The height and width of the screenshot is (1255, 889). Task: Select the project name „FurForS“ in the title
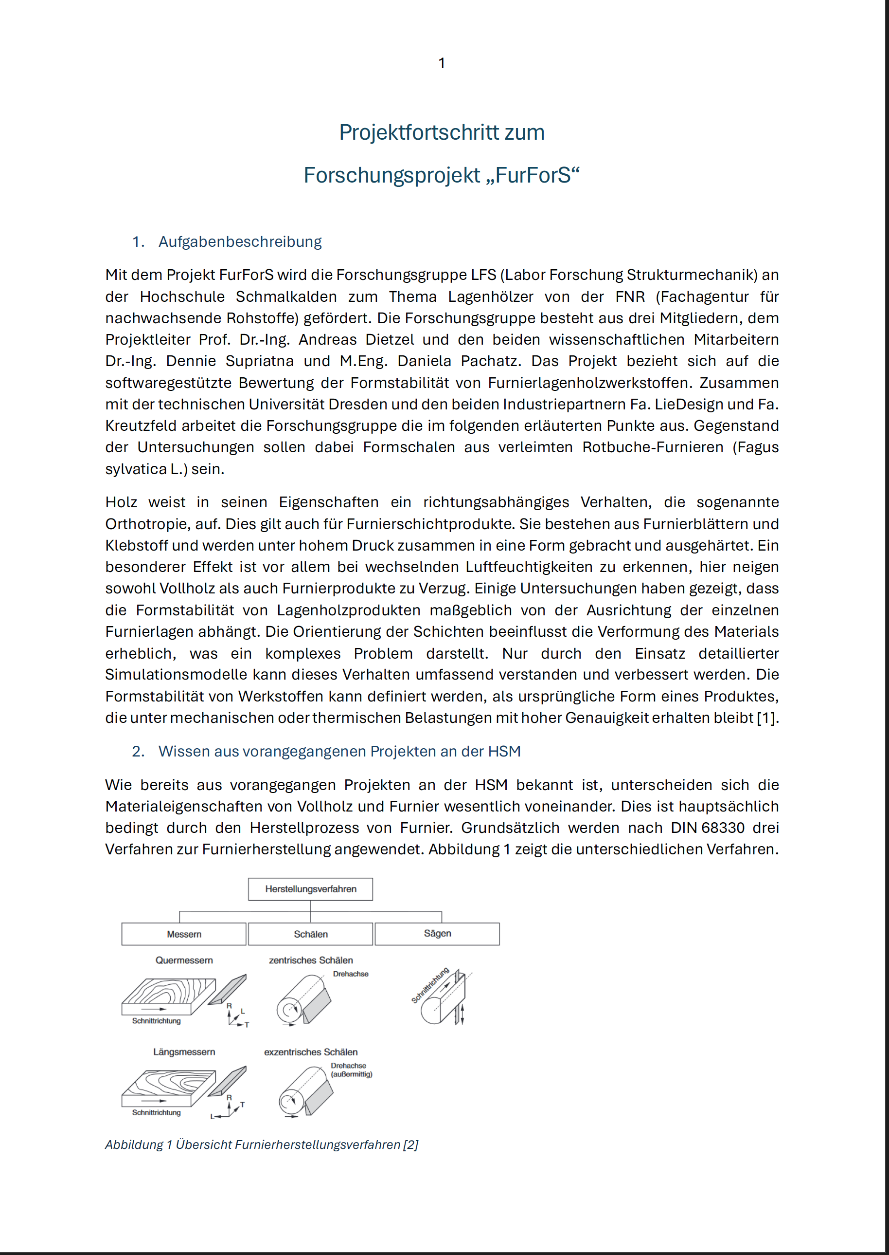point(533,176)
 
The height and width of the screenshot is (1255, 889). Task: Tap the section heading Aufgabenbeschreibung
point(240,241)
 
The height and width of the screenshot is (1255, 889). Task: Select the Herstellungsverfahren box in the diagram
point(310,889)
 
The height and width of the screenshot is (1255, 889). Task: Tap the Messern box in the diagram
point(184,934)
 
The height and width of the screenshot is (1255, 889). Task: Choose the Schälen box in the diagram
point(310,934)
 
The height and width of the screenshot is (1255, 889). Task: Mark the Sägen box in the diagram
point(437,933)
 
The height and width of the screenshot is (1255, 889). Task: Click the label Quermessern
point(184,960)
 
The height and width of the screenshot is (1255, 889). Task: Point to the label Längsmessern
point(184,1052)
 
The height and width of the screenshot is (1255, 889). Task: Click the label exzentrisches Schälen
point(310,1052)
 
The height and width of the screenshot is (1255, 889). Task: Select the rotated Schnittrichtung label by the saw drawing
point(430,985)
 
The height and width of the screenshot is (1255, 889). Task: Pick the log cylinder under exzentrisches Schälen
point(301,1090)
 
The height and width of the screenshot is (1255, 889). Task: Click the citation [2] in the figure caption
point(410,1145)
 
